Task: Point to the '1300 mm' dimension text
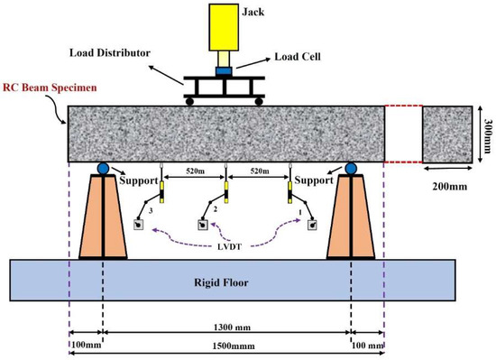click(226, 332)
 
